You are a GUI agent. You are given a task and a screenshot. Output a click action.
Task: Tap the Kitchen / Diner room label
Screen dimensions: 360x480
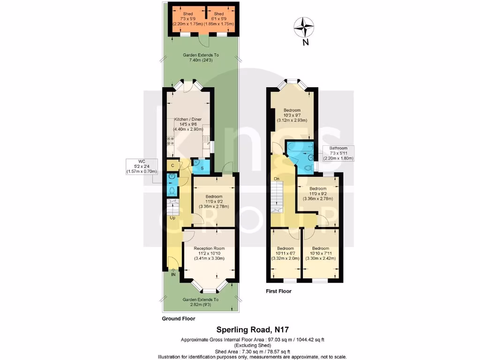[187, 124]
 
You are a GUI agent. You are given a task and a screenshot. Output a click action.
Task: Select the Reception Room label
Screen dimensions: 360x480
[209, 253]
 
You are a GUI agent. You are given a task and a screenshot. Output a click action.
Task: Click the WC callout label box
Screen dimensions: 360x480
[141, 166]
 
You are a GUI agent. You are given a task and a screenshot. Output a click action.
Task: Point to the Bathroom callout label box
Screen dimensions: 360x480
[338, 153]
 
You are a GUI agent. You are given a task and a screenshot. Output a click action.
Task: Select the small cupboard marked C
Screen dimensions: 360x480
[172, 165]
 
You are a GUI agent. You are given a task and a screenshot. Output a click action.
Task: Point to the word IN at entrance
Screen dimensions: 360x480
[173, 274]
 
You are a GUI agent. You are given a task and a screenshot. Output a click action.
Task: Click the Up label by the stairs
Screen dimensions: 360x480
[172, 218]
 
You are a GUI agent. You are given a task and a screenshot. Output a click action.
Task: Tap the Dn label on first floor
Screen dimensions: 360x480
[277, 179]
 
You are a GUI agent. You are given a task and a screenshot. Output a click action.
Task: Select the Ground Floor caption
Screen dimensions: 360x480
[178, 319]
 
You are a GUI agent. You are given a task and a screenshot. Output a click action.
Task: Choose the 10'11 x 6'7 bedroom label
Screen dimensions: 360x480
[285, 253]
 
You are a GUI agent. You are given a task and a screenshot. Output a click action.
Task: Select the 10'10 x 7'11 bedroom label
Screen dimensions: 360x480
[321, 253]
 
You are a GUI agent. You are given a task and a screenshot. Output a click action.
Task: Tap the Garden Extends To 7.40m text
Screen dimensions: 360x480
[201, 57]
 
